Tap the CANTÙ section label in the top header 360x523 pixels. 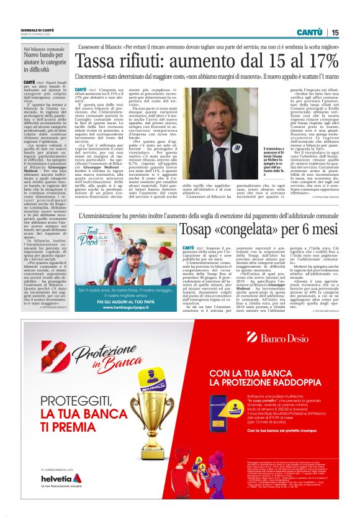coord(308,32)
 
